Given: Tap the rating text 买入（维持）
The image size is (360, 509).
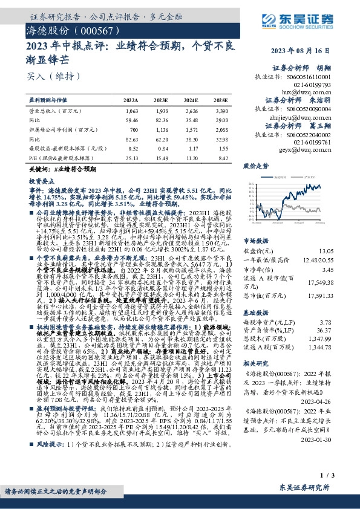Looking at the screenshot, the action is coord(47,77).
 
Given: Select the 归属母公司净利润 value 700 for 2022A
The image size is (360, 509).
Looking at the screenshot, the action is coord(133,128).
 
